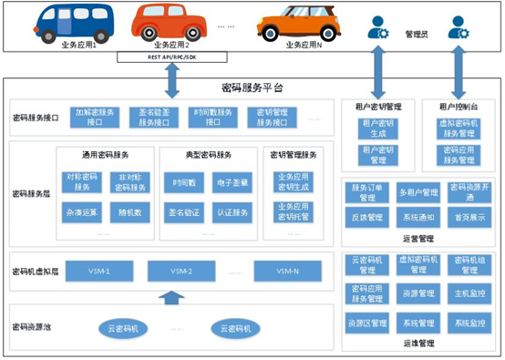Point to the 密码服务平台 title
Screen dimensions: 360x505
pyautogui.click(x=252, y=87)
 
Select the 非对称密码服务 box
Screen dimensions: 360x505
pyautogui.click(x=130, y=182)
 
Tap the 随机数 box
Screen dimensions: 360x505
pyautogui.click(x=130, y=211)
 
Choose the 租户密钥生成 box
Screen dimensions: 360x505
pyautogui.click(x=376, y=127)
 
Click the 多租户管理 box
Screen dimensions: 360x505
pyautogui.click(x=418, y=191)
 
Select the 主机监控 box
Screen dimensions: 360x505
pyautogui.click(x=470, y=293)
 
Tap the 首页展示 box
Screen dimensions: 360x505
pyautogui.click(x=470, y=219)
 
